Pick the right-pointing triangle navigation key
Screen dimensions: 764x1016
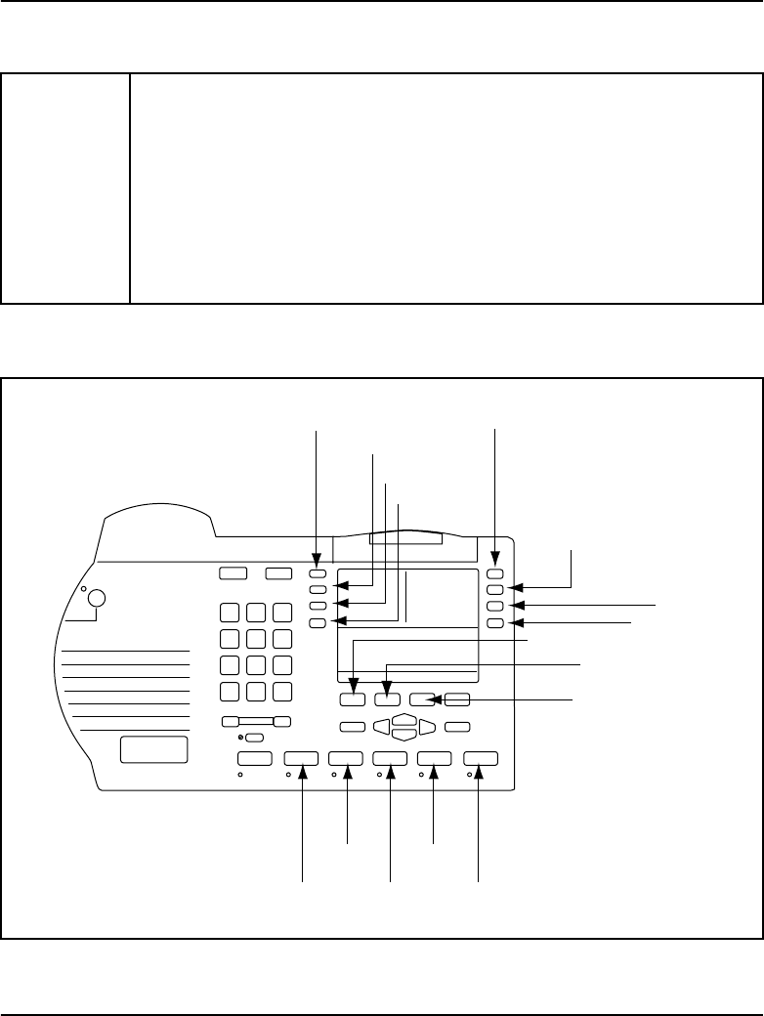tap(427, 727)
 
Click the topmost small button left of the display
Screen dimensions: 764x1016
tap(318, 574)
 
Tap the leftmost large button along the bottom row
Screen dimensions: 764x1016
tap(254, 758)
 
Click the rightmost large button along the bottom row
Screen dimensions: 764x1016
tap(481, 758)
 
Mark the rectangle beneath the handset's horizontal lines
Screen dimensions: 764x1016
tap(153, 750)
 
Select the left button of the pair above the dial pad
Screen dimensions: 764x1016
tap(233, 574)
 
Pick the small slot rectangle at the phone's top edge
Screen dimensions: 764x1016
tap(405, 539)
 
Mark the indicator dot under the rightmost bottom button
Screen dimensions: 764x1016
tap(470, 775)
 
